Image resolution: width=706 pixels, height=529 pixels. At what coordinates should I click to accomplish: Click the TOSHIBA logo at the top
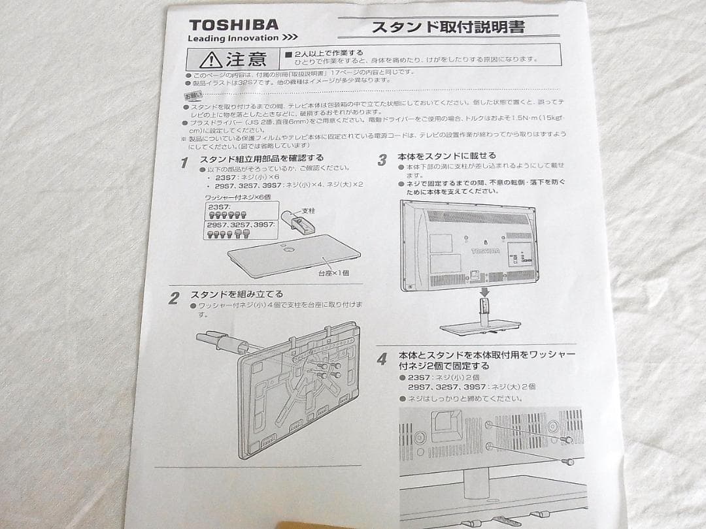[233, 25]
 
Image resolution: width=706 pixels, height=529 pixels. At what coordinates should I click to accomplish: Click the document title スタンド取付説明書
[447, 27]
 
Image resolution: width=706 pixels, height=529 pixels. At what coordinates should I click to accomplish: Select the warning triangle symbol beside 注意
[210, 60]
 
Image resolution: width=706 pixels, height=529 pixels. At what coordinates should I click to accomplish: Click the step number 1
[184, 162]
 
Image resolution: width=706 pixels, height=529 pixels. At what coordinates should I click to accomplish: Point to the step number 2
[173, 299]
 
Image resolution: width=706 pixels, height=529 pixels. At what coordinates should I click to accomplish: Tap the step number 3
[382, 160]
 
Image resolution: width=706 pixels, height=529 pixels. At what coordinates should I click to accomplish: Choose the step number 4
[382, 359]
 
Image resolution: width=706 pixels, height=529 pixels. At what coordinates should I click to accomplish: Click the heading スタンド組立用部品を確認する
[261, 158]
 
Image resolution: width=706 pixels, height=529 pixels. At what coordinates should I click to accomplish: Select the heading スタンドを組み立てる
[237, 295]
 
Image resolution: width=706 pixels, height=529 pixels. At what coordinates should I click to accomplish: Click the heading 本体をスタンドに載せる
[446, 155]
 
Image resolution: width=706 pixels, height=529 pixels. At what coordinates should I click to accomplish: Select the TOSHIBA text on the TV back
[485, 251]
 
